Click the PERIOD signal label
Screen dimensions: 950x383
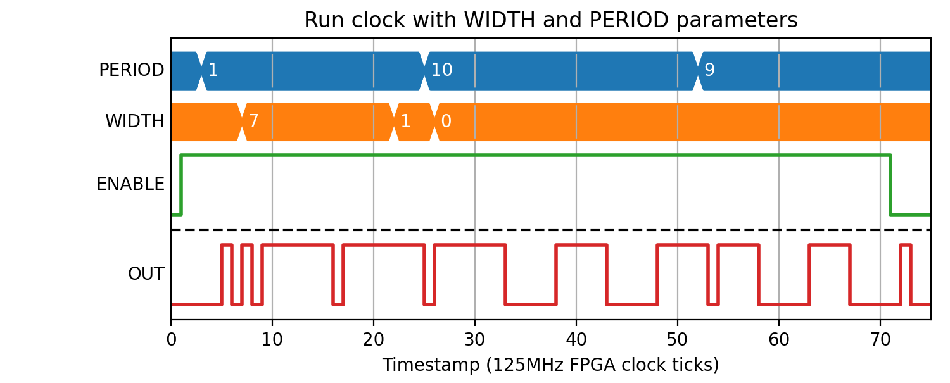coord(132,70)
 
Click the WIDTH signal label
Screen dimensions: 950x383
coord(135,122)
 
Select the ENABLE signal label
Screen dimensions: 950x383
coord(130,184)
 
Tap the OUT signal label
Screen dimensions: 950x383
coord(146,274)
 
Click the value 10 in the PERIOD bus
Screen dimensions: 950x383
coord(442,70)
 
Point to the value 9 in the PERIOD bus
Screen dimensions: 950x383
coord(709,70)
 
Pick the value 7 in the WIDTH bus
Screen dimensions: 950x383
coord(253,122)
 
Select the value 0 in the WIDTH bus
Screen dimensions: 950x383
coord(446,122)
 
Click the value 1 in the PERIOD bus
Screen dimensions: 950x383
coord(213,70)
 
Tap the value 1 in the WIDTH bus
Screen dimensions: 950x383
coord(405,122)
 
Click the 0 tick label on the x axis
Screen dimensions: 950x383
coord(172,340)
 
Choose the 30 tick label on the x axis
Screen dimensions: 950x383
coord(474,340)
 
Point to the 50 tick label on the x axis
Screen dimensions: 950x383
coord(677,340)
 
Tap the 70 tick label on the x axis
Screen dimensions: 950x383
coord(880,340)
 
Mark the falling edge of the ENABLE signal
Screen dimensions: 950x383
coord(890,185)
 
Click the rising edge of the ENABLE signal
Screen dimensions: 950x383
coord(181,185)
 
